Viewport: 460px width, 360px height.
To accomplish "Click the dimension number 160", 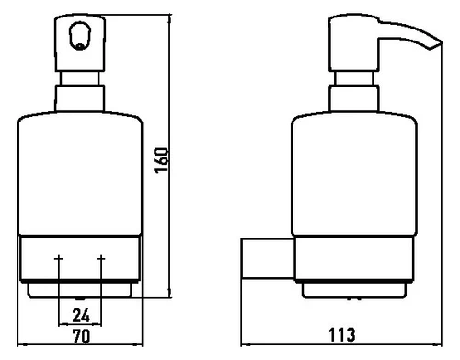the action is click(161, 160).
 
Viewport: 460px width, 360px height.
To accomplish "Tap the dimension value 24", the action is click(81, 316).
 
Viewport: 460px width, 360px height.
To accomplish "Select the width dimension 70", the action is click(82, 336).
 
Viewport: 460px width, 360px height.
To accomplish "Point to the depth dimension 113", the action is click(342, 335).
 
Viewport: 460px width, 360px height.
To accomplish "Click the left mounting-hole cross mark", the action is click(59, 259).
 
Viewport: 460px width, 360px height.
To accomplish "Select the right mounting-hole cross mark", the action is click(101, 259).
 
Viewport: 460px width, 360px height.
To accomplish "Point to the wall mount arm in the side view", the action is click(268, 259).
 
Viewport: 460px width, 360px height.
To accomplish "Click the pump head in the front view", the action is click(80, 43).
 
